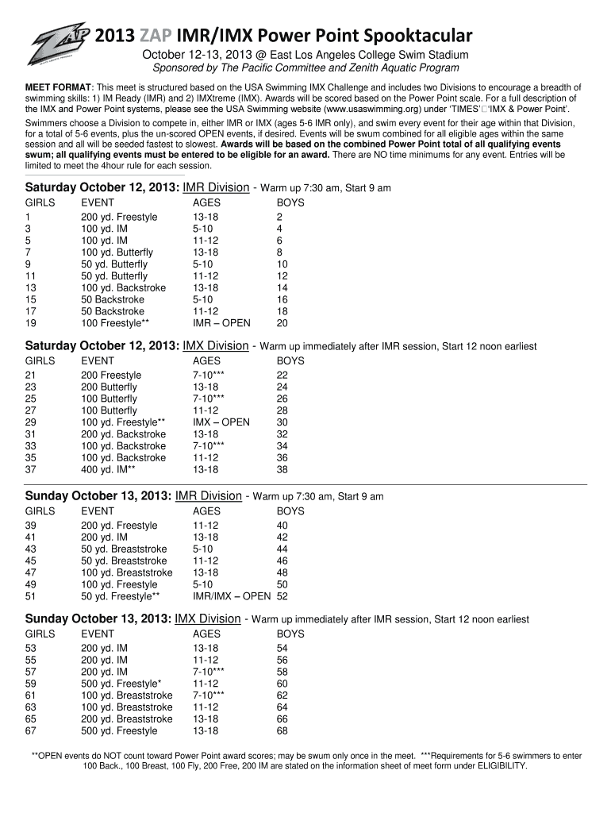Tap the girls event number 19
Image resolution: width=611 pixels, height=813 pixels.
pos(31,323)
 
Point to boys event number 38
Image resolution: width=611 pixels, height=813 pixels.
pos(282,469)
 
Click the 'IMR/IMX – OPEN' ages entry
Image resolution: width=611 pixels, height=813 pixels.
pos(232,596)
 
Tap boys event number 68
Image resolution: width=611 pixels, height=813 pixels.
pos(282,730)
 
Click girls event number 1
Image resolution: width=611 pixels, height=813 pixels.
pos(29,217)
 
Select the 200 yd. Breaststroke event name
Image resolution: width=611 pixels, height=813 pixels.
pos(126,719)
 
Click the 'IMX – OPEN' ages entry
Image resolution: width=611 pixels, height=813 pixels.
pos(221,422)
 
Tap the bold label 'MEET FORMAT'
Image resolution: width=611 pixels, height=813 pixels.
pos(60,86)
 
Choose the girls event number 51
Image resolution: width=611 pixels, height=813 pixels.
pos(31,596)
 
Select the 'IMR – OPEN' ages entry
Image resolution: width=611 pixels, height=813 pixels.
pos(221,323)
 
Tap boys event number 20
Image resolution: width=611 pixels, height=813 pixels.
pos(282,323)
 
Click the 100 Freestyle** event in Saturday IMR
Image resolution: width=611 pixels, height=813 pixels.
pos(114,323)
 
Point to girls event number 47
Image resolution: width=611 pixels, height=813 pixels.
pos(31,572)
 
